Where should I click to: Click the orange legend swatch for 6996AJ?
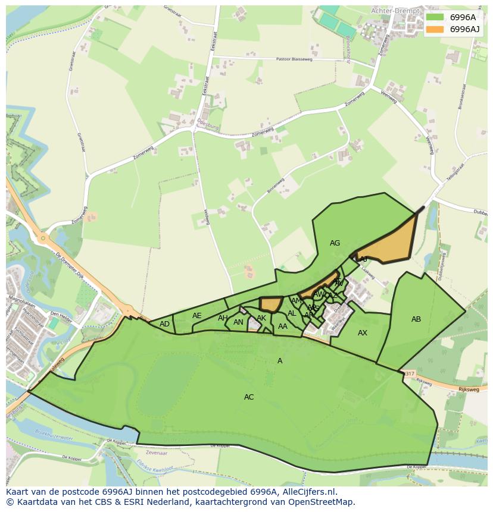(435, 29)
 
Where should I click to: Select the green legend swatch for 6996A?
(435, 17)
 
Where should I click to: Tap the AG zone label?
(335, 243)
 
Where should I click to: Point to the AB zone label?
(416, 319)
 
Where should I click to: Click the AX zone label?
(363, 333)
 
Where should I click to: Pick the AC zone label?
(249, 397)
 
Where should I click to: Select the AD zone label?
(164, 324)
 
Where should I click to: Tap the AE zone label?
(196, 316)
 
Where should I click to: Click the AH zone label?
(223, 318)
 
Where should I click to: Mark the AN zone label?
(238, 323)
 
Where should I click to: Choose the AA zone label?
(283, 326)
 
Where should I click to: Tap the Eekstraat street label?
(205, 87)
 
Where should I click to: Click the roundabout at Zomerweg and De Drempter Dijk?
(42, 239)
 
